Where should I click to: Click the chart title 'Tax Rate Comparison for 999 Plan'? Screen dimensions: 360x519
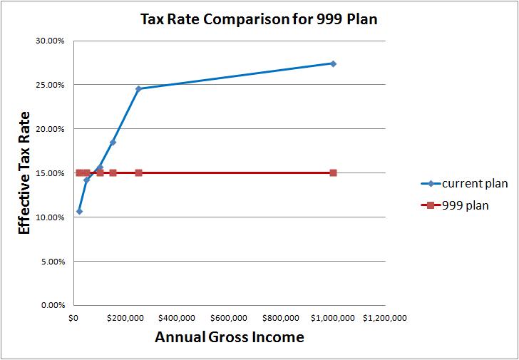[258, 19]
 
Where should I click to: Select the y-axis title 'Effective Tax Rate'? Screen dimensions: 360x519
[24, 173]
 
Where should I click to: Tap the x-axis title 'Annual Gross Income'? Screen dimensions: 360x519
[229, 337]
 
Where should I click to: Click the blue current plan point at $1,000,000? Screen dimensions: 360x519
[333, 63]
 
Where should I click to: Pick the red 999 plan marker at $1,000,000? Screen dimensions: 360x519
[333, 173]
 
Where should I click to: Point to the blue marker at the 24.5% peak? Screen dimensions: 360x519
[138, 89]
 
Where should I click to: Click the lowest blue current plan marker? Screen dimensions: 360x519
[79, 211]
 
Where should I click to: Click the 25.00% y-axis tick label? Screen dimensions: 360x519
[50, 85]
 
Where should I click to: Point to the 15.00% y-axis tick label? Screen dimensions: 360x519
[50, 173]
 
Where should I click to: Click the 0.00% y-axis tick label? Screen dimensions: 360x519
[52, 306]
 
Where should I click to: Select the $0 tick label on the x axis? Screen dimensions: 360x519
[73, 318]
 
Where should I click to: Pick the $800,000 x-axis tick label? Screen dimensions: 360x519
[281, 318]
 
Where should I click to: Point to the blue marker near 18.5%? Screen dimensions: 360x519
[113, 143]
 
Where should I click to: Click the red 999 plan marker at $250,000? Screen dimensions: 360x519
[138, 173]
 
